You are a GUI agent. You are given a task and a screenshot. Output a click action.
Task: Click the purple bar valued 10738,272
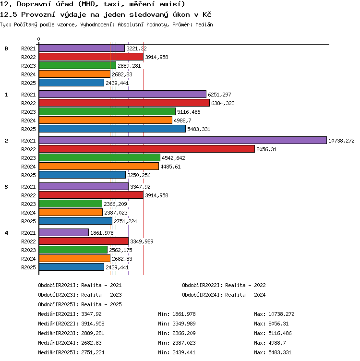pos(183,140)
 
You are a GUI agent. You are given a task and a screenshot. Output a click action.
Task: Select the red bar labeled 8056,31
pos(147,149)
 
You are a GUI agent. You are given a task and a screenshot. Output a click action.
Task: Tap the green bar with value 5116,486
pos(107,111)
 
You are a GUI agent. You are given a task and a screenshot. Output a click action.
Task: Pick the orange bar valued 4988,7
pos(106,120)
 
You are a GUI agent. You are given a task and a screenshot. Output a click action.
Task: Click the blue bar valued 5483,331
pos(112,129)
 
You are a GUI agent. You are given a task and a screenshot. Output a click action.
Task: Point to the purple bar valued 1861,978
pos(64,232)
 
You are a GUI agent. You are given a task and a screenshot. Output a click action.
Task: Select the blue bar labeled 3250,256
pos(83,175)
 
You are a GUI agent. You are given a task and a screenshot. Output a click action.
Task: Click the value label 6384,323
pos(223,103)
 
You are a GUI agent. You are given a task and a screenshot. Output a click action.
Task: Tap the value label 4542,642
pos(173,158)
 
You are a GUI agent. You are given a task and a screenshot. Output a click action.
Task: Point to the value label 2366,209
pos(115,204)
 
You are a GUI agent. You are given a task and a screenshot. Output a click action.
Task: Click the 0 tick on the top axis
pos(39,39)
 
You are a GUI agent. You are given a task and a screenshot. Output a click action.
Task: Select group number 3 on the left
pos(6,187)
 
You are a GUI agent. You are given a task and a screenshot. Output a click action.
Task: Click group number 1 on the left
pos(6,95)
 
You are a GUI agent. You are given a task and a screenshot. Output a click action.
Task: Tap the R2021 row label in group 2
pos(28,141)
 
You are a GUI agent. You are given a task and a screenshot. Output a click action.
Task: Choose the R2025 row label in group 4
pos(28,267)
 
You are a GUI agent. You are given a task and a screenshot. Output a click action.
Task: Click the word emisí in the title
pos(172,4)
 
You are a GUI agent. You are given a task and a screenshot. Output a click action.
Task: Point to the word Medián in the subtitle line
pos(204,24)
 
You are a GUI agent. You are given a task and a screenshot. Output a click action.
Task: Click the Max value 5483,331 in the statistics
pos(280,352)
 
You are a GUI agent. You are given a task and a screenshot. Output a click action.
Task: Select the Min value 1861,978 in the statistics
pos(184,314)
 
